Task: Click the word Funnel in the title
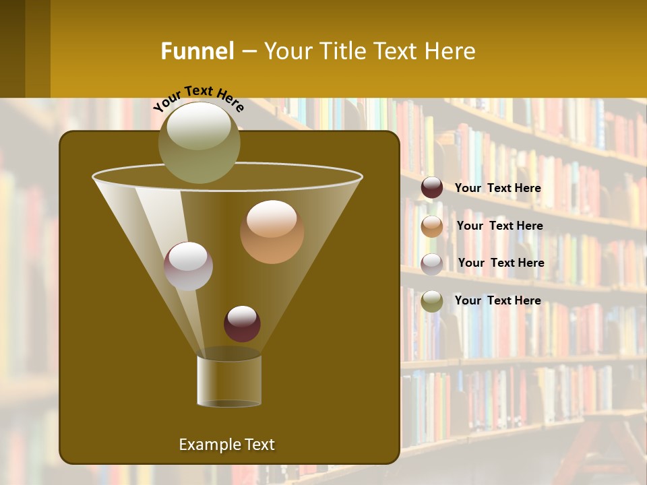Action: pos(197,51)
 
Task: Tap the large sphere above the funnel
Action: pos(199,142)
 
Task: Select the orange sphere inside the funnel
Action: pos(272,232)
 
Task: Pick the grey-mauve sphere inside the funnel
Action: pos(188,266)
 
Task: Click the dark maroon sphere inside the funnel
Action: pos(242,324)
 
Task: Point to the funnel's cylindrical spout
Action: pos(229,381)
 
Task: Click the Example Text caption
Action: pos(226,445)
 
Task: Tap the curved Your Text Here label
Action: pos(198,98)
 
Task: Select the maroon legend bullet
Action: pos(432,188)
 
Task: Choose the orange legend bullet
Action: pos(432,226)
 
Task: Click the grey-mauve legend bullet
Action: pos(432,263)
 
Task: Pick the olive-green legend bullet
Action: pos(432,301)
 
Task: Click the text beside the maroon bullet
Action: pos(497,189)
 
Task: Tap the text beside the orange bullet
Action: pos(499,226)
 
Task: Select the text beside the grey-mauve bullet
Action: pos(501,263)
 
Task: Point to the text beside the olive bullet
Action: pos(497,300)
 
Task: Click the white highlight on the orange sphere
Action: pos(272,220)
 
